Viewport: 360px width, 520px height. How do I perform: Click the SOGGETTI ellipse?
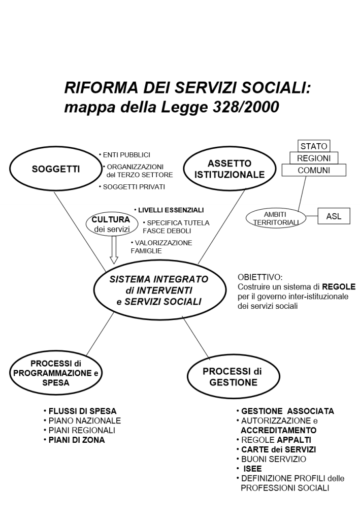click(x=56, y=170)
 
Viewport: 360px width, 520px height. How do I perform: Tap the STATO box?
click(x=314, y=146)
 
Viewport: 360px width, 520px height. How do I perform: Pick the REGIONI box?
click(x=314, y=158)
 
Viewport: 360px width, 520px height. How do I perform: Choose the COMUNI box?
click(x=314, y=171)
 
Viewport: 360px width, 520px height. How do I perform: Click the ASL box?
click(x=334, y=216)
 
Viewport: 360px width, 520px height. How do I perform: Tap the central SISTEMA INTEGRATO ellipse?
click(x=159, y=290)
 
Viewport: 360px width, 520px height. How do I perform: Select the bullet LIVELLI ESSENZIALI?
click(x=171, y=210)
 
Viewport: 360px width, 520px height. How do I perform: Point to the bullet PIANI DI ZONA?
click(x=77, y=440)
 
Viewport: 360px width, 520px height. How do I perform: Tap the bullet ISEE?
click(x=252, y=469)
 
